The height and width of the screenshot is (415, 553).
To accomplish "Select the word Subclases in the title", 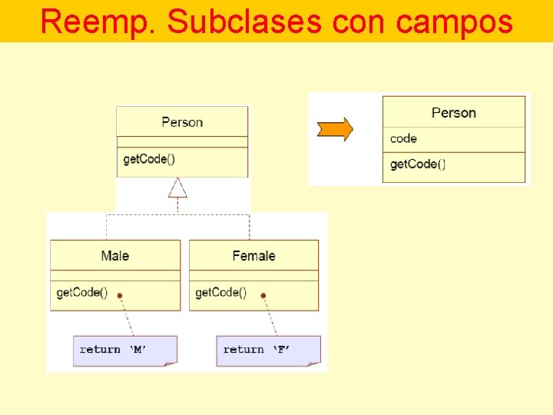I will pyautogui.click(x=243, y=22).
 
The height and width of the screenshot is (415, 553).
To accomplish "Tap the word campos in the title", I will pyautogui.click(x=453, y=22).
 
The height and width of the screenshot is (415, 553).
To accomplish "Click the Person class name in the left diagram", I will pyautogui.click(x=182, y=122).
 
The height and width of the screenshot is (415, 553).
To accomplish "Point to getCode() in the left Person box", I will pyautogui.click(x=149, y=159).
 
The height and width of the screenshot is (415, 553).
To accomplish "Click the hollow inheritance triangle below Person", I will pyautogui.click(x=178, y=187).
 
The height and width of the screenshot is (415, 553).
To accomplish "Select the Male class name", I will pyautogui.click(x=115, y=256).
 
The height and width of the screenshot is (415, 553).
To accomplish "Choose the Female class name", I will pyautogui.click(x=253, y=256).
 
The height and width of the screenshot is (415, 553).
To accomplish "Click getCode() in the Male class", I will pyautogui.click(x=81, y=293).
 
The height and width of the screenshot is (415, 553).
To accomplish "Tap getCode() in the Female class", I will pyautogui.click(x=220, y=293).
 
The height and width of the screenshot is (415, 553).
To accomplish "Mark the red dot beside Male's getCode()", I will pyautogui.click(x=120, y=295).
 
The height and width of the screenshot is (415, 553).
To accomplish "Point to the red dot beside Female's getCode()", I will pyautogui.click(x=263, y=295).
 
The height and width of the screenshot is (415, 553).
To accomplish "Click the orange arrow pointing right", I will pyautogui.click(x=335, y=128).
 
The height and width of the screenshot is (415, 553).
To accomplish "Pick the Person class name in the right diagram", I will pyautogui.click(x=454, y=113).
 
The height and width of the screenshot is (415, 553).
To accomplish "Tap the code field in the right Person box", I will pyautogui.click(x=403, y=138).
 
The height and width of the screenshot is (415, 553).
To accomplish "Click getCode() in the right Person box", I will pyautogui.click(x=418, y=164).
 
